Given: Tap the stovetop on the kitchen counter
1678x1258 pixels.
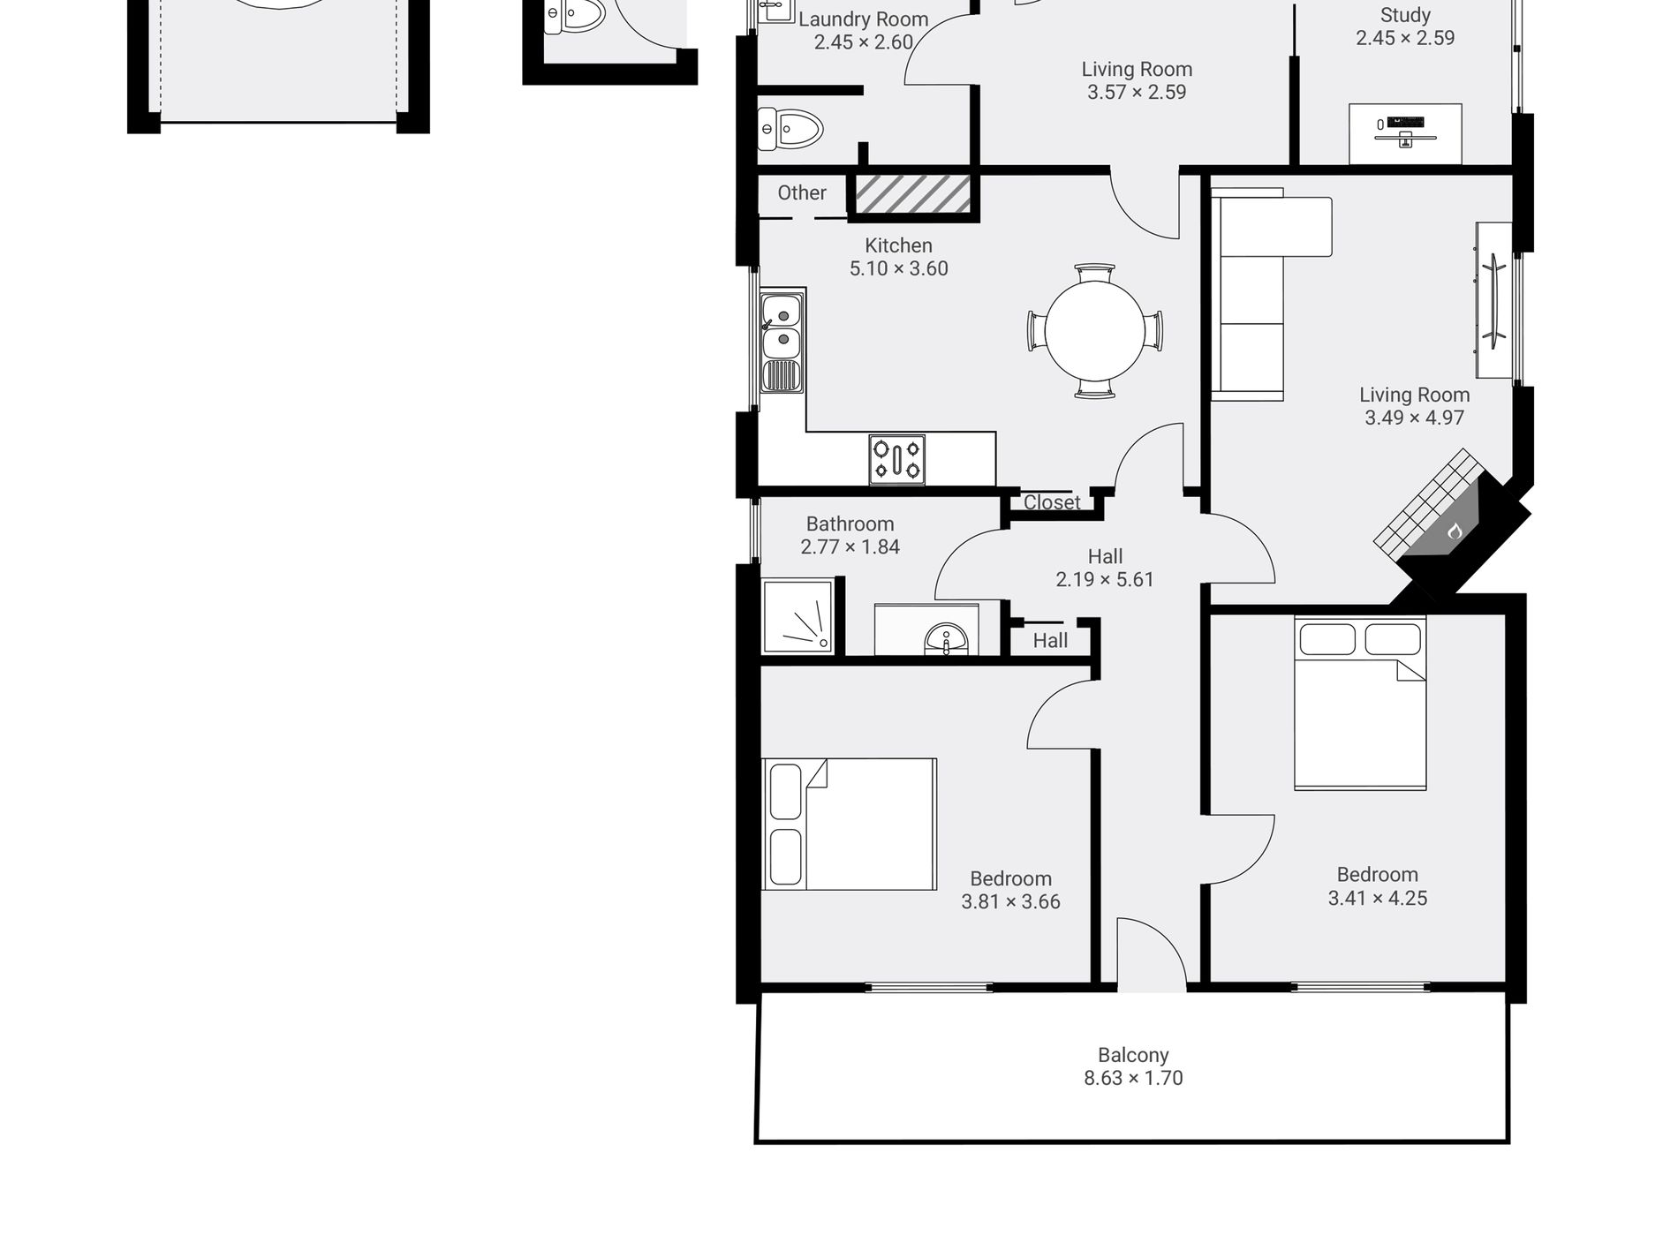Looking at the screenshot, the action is (x=896, y=459).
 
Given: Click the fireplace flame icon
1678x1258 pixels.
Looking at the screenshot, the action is (x=1455, y=531).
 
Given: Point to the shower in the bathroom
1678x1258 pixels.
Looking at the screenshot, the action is (x=797, y=616).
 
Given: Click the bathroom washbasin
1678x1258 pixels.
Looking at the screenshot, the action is (x=947, y=639).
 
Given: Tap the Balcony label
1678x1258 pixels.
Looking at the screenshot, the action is (x=1133, y=1055).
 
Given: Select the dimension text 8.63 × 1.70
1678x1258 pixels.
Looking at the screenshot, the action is (x=1133, y=1078).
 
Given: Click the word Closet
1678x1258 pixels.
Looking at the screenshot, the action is (x=1052, y=502).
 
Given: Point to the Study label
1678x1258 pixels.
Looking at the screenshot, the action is (x=1405, y=15).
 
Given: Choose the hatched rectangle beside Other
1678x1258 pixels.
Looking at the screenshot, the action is (x=913, y=194).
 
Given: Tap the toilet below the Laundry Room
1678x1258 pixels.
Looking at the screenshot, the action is (x=790, y=130).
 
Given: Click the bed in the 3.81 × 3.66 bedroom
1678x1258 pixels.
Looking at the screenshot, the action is (x=849, y=824).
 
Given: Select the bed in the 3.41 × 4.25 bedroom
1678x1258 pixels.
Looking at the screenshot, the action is (x=1360, y=703).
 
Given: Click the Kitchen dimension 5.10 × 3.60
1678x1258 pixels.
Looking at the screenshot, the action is (x=899, y=268).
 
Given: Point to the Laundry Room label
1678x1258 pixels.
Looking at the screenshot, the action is (x=863, y=19).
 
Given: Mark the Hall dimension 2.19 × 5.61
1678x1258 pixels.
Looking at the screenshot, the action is (x=1105, y=579).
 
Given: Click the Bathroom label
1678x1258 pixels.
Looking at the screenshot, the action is (x=850, y=524).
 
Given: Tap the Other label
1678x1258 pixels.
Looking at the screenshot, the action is (x=802, y=192).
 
